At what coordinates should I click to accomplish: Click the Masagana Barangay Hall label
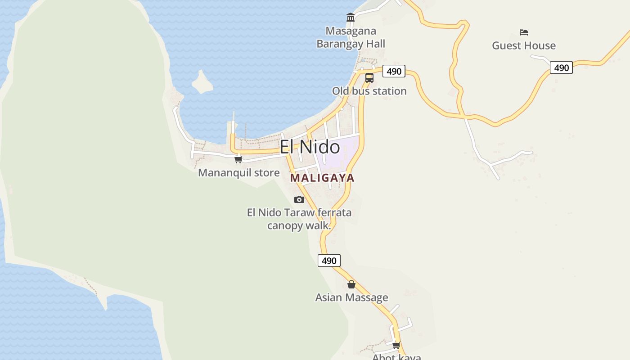pos(351,37)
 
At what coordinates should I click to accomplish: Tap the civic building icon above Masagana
pos(351,18)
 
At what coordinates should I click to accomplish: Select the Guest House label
pos(523,45)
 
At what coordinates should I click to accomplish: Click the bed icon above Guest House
pos(523,32)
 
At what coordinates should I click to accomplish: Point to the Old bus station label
pos(369,91)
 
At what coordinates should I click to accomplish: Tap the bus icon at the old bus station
pos(369,77)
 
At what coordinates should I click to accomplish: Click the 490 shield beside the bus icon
pos(394,71)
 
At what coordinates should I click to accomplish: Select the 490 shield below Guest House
pos(561,68)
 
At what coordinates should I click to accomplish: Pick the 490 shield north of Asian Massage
pos(329,261)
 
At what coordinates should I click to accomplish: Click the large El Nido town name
pos(310,147)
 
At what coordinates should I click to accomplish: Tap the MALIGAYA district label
pos(322,178)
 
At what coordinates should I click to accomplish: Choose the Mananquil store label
pos(238,173)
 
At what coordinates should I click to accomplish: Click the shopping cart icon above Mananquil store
pos(238,159)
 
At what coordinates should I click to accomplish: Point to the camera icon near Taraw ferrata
pos(299,199)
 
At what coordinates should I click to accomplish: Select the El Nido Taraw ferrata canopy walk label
pos(299,219)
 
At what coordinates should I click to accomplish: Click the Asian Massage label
pos(351,297)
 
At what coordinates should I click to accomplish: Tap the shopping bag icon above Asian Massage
pos(351,284)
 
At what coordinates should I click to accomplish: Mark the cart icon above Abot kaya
pos(396,345)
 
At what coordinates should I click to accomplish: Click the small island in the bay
pos(202,82)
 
